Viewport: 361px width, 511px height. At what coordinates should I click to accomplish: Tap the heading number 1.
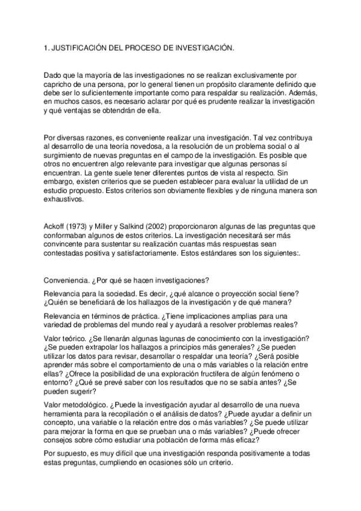[x=46, y=46]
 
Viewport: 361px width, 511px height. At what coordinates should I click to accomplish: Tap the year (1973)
[x=83, y=226]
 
